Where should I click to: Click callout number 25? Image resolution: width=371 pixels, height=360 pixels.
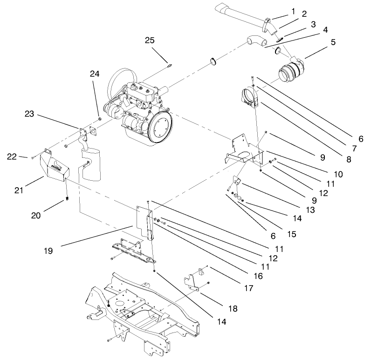[149, 41]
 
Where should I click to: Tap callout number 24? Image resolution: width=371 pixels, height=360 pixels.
[95, 74]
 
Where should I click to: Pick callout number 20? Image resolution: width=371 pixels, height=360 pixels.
[36, 216]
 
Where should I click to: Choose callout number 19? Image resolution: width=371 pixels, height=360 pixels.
[49, 250]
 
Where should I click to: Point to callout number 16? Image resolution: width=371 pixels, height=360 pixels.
[258, 276]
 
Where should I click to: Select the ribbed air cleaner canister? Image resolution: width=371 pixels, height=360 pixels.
[289, 75]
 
